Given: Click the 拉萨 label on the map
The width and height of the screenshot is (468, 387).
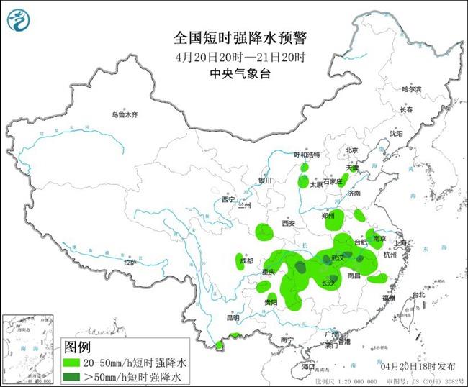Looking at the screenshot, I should (x=130, y=263).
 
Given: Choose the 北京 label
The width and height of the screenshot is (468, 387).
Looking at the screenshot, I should (x=351, y=150).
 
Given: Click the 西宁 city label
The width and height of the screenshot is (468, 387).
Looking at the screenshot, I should (x=228, y=199).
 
